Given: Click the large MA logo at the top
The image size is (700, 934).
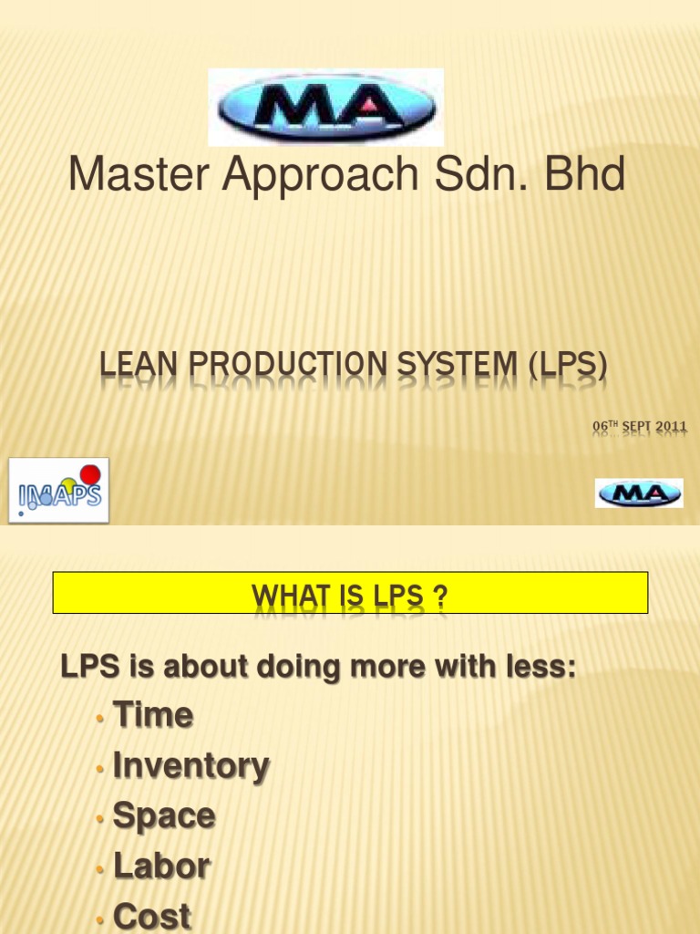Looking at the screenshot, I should (325, 107).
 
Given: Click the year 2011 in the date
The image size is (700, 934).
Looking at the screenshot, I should (670, 426).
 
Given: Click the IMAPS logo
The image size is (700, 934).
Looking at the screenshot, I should (58, 490).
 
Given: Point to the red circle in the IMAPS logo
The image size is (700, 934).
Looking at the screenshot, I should (90, 473).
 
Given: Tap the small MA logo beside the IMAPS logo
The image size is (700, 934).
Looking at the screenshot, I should (639, 493).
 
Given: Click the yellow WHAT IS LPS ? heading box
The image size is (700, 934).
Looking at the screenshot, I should (350, 593).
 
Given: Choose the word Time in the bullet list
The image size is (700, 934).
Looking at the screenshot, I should (153, 715).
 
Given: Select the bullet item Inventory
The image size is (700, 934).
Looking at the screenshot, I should (190, 765).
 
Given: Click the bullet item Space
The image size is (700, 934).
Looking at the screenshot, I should (164, 815).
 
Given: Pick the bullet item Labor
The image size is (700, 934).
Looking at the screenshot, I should (161, 866).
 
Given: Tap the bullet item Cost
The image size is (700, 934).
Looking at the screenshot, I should (152, 916).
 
